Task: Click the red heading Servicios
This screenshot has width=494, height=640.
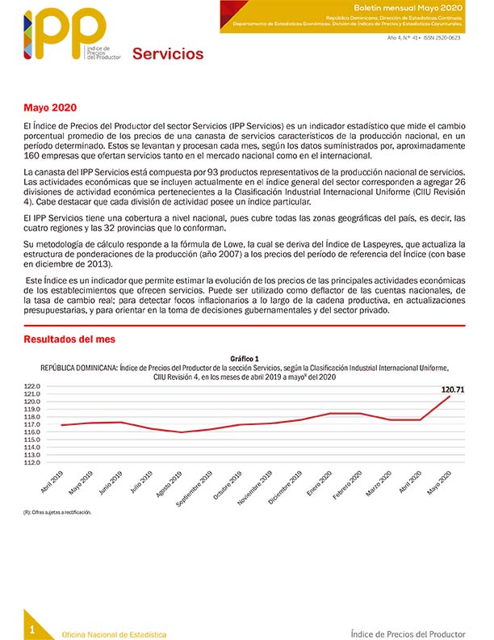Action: [168, 54]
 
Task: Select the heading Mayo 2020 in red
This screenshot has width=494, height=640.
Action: [50, 108]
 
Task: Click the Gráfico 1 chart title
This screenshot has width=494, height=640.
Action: [245, 358]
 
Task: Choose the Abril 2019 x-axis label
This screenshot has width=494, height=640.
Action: [52, 482]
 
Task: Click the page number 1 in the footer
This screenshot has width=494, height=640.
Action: [31, 629]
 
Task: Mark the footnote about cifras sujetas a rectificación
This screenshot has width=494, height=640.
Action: [57, 512]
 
